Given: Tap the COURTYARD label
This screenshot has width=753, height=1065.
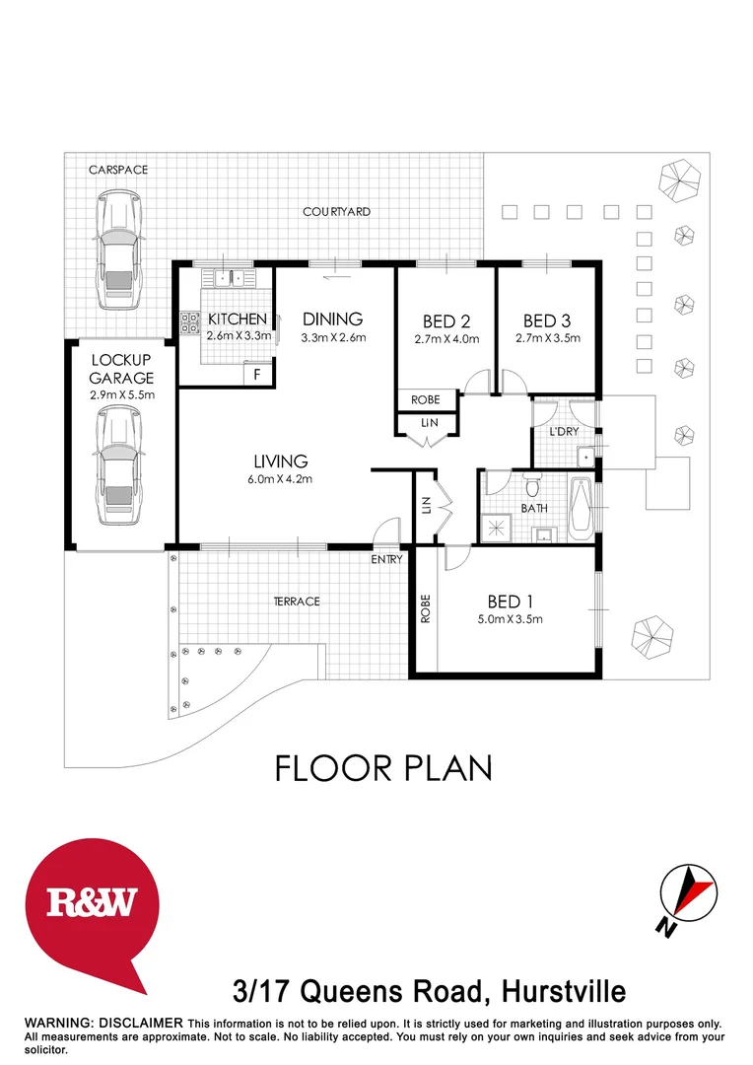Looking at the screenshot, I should click(336, 211).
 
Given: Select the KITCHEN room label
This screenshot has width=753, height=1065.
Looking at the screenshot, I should click(237, 319).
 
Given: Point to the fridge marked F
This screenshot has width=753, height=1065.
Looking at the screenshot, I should click(257, 375).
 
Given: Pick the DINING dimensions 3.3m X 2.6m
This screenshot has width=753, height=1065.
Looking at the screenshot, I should click(333, 338).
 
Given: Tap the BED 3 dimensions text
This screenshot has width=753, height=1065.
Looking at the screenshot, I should click(548, 339).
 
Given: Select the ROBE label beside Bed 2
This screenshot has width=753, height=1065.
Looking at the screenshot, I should click(427, 400).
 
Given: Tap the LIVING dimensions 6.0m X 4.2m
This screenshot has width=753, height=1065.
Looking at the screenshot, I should click(281, 481).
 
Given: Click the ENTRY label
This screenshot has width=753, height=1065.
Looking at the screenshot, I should click(386, 559).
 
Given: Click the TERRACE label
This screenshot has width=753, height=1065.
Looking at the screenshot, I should click(297, 602).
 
